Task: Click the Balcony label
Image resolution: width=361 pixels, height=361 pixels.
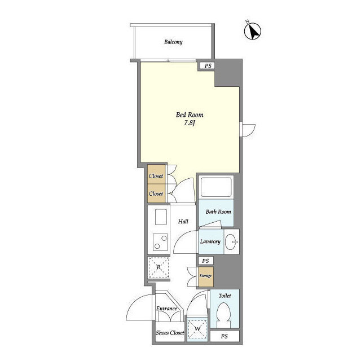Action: coord(173,42)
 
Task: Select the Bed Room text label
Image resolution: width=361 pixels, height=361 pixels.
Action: coord(190,115)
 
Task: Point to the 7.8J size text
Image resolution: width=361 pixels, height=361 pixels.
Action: coord(190,123)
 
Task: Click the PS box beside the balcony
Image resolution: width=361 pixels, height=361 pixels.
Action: coord(208,66)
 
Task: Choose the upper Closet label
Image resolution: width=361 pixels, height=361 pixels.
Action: coord(156,176)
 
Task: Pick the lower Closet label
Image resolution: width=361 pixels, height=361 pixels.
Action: coord(156,193)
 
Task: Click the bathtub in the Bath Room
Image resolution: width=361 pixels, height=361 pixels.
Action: coord(216,187)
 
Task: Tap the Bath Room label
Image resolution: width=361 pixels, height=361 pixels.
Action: coord(218,212)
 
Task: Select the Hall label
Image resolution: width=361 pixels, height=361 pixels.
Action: coord(183,222)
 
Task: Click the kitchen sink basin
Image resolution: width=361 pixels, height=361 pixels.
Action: coord(161,217)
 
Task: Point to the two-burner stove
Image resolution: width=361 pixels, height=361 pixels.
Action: coord(160,242)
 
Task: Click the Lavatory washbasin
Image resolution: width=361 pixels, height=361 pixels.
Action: coord(231,242)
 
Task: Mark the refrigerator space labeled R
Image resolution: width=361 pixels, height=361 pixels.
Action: coord(159,267)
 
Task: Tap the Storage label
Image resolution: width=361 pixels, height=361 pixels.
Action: coord(205,276)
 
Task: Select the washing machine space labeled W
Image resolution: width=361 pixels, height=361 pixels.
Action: coord(197,329)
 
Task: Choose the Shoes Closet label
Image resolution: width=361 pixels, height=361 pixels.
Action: coord(170,333)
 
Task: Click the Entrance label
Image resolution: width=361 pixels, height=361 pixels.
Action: coord(167,309)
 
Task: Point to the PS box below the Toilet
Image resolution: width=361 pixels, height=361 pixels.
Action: coord(224,336)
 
